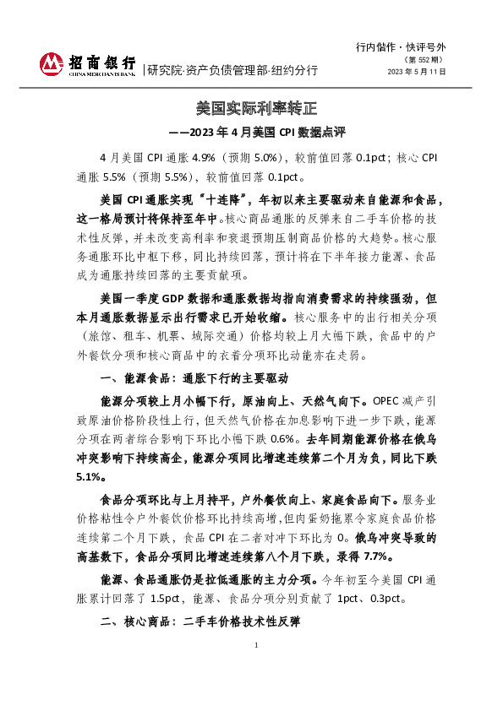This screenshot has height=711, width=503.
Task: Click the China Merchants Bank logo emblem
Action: [x=52, y=63]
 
